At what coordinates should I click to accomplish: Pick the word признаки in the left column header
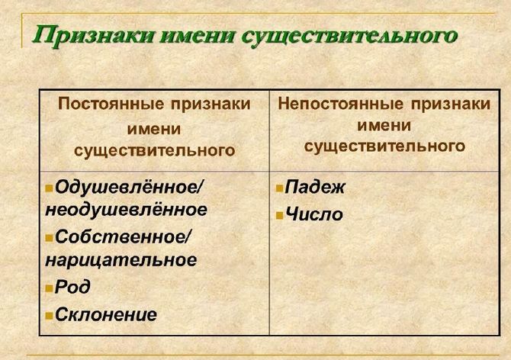[207, 104]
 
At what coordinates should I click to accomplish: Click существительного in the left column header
[154, 150]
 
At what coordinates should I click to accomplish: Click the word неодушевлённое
[126, 208]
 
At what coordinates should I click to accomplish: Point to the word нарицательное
[121, 259]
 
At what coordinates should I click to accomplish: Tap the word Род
[73, 287]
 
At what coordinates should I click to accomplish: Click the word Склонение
[106, 313]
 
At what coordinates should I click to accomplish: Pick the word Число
[313, 214]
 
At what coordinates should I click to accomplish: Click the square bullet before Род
[50, 288]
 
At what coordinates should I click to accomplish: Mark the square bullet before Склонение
[50, 315]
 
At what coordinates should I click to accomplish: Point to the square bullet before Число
[280, 215]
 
